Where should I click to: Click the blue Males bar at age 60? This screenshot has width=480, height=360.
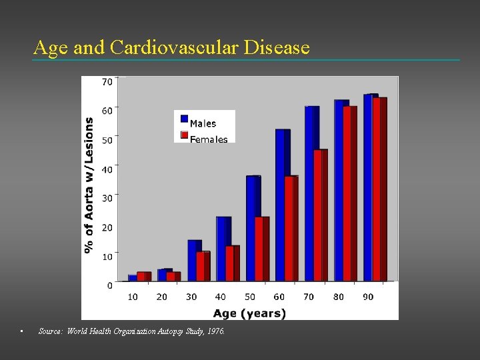(282, 205)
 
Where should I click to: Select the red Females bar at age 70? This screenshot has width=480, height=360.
(320, 215)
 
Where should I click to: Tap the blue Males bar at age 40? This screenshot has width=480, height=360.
(223, 248)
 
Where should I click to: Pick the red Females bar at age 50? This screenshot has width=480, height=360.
(261, 248)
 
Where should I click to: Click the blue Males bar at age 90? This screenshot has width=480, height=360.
(370, 187)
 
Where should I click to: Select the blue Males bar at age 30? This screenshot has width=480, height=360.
(194, 260)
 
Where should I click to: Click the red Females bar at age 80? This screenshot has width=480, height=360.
(349, 193)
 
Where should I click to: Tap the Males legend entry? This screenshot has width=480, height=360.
(203, 123)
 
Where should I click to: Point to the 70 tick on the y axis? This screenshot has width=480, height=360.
(107, 82)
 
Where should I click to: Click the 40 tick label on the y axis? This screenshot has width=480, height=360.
(107, 169)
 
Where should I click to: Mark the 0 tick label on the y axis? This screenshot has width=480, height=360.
(109, 285)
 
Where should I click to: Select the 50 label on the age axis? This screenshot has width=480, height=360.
(250, 297)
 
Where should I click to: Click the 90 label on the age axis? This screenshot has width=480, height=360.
(368, 297)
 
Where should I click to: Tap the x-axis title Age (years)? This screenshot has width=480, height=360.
(249, 313)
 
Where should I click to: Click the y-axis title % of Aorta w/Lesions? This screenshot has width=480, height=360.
(89, 185)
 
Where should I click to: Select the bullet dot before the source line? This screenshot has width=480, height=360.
(23, 331)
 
